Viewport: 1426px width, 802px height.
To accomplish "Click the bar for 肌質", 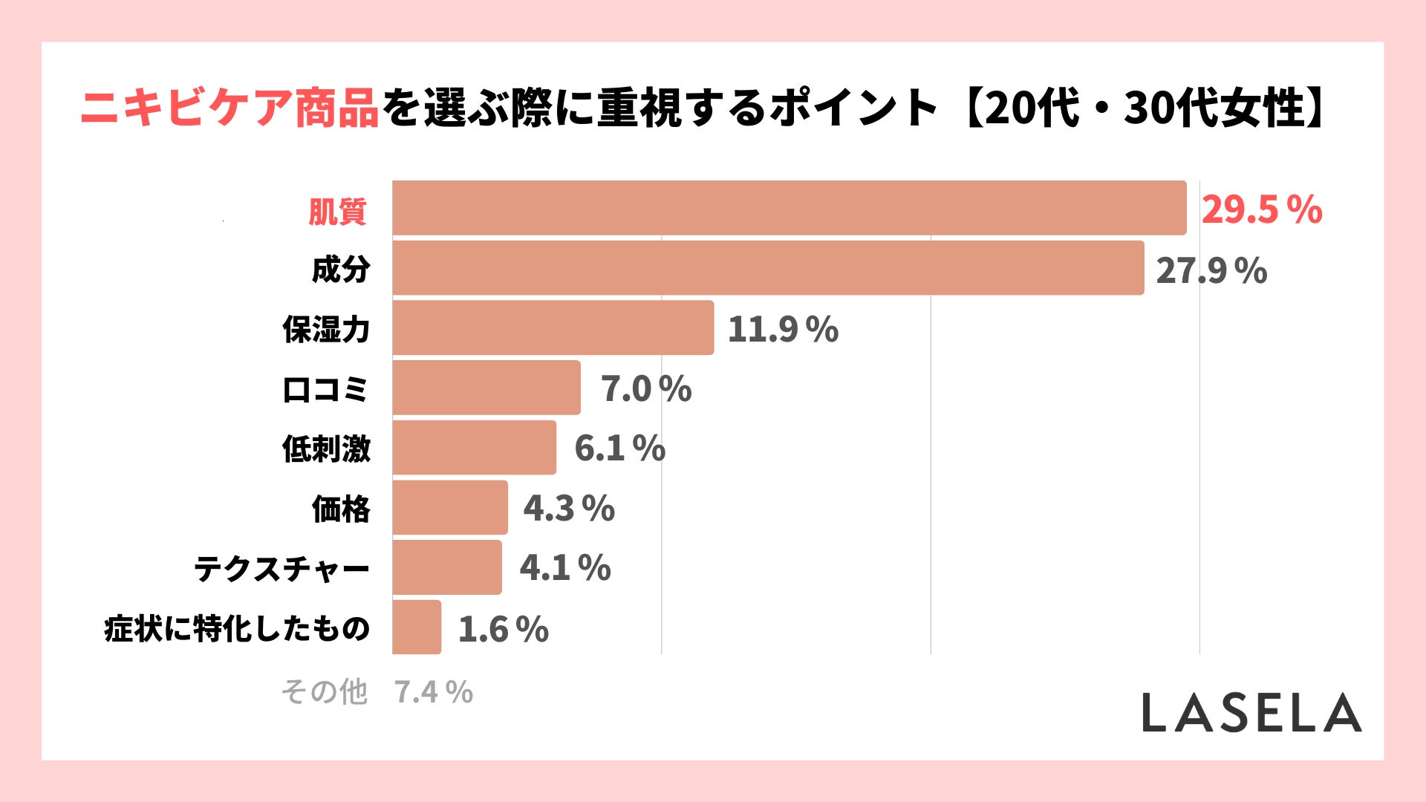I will point(789,208).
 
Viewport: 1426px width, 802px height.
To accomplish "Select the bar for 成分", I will point(768,268).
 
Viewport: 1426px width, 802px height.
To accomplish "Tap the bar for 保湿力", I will point(553,327).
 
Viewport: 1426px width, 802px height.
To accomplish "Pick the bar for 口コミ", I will point(486,388).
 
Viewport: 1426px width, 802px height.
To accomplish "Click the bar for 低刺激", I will point(474,448).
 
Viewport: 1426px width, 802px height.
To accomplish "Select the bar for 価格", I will point(450,507).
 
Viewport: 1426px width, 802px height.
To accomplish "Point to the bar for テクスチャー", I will point(447,567).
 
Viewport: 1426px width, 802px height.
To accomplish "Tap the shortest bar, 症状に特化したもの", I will point(417,627).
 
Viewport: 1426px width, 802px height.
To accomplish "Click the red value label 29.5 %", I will point(1262,209).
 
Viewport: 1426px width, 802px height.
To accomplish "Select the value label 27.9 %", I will point(1211,270).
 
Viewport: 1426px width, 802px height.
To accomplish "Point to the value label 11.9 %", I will point(783,329).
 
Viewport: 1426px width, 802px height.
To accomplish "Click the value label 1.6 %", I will point(503,629).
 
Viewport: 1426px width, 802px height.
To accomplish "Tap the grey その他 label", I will point(324,691).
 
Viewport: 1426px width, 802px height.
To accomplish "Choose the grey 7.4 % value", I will point(433,692).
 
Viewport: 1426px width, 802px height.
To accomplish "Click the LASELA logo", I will point(1251,713).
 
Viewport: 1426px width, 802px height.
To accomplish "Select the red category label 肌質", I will point(338,212).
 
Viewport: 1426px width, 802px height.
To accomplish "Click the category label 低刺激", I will point(326,449).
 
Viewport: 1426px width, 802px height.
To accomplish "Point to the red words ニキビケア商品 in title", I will point(229,108).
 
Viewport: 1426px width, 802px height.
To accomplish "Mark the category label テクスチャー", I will point(281,569).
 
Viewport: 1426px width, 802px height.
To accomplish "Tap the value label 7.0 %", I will point(645,389).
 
